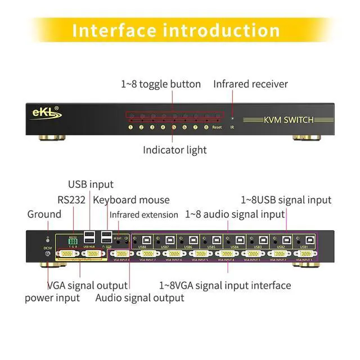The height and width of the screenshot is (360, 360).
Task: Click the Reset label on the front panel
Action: [x=217, y=128]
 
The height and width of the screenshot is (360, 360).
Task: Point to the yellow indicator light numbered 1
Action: [x=130, y=128]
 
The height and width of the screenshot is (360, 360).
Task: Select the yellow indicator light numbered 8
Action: [x=206, y=128]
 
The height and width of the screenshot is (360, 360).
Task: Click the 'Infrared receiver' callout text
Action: [x=250, y=84]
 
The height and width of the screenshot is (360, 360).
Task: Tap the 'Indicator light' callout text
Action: [x=174, y=150]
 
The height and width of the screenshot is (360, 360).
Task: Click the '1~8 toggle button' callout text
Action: [x=161, y=84]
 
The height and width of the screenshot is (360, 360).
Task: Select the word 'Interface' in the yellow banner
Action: [x=113, y=30]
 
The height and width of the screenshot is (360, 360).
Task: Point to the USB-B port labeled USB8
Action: [x=144, y=240]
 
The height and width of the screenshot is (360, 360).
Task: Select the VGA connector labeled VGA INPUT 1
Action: [x=305, y=254]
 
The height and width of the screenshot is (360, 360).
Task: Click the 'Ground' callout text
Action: [x=44, y=214]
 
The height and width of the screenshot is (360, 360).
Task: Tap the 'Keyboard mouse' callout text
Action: [x=131, y=200]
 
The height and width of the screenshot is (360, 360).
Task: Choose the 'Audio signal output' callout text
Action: [x=139, y=298]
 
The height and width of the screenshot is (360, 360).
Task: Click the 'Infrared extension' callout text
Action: [x=146, y=215]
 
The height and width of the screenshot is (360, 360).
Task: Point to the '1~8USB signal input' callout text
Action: [x=286, y=200]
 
